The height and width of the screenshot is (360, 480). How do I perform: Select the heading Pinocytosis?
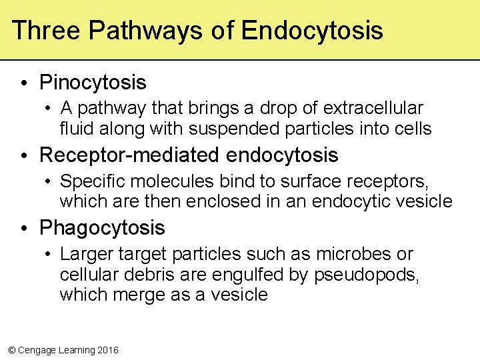[x=93, y=83]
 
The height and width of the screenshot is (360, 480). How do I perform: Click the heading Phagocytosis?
[x=102, y=228]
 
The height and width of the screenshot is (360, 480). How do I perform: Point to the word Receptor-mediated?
[x=130, y=155]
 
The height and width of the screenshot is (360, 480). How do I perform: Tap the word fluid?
[x=75, y=127]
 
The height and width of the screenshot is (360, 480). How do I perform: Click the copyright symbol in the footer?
[x=11, y=350]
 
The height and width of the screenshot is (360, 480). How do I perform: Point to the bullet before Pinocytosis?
[x=23, y=83]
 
